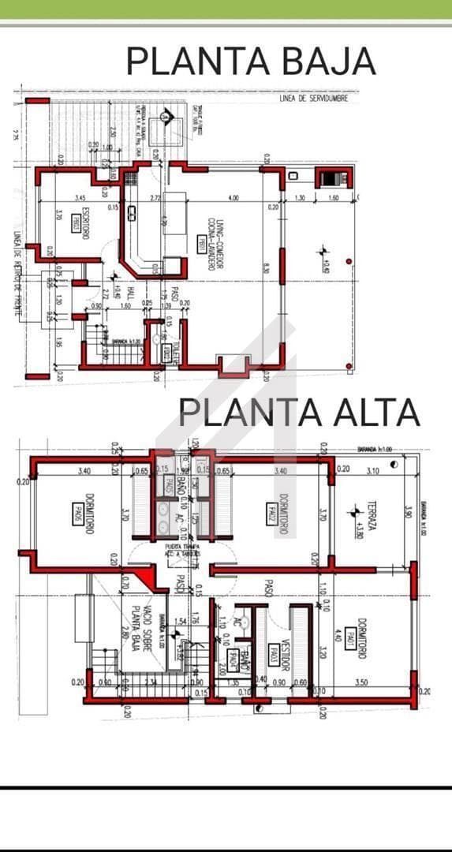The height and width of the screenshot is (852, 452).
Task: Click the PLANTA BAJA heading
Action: coord(251,61)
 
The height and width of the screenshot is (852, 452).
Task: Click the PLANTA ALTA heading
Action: coord(299,412)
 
